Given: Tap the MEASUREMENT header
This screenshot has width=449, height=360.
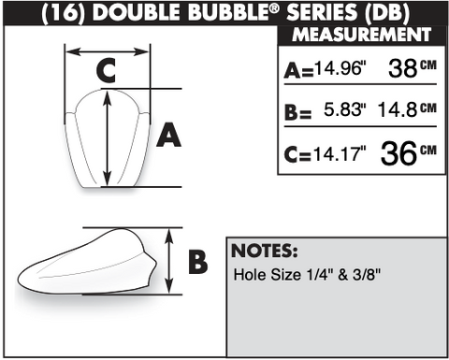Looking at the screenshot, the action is [362, 35].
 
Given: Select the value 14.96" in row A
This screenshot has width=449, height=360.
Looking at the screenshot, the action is [340, 67].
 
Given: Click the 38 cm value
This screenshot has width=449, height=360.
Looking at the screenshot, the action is [413, 67].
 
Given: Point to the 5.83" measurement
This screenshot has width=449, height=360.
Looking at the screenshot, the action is [344, 109].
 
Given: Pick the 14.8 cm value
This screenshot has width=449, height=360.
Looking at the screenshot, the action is [407, 109].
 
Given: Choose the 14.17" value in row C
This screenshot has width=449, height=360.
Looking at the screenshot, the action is [340, 153].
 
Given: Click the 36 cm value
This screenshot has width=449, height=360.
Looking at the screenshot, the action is [409, 152].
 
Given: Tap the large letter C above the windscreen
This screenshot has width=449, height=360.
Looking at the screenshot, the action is [106, 70].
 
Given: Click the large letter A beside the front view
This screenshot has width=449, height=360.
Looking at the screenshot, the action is [168, 135].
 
